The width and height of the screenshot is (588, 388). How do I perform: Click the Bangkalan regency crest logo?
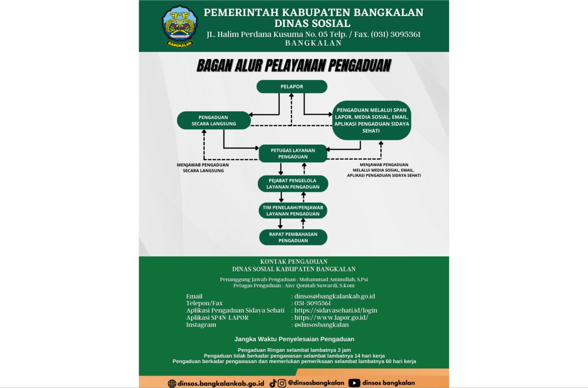coord(179,26)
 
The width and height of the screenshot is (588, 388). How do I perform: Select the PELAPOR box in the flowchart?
coord(292,86)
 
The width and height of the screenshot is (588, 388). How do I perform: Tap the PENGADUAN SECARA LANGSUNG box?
coord(214,120)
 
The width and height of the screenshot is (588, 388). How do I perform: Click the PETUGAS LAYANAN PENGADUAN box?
coord(293,153)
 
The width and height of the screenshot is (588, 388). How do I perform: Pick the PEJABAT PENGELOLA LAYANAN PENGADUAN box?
coord(293,184)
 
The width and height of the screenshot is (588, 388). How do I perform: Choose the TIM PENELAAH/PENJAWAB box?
coord(293,210)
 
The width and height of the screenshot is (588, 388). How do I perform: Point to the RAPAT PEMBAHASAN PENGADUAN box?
coord(293,237)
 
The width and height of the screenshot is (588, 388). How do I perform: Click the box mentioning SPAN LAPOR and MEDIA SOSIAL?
coord(371,120)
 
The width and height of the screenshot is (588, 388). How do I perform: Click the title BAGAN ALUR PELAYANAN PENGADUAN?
coord(294,66)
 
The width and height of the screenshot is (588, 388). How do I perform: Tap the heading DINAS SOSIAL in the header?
coord(312,23)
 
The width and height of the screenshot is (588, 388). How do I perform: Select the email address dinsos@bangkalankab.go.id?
coord(334,296)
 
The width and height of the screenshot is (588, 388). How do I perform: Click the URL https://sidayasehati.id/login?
coord(335,310)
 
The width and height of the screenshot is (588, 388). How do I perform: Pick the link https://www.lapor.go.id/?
coord(331,317)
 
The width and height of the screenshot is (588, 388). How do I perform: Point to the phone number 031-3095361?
coord(312,303)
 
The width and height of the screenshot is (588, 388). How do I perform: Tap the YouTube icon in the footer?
coord(354,383)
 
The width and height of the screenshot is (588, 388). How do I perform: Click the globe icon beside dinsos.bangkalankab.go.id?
coord(172,383)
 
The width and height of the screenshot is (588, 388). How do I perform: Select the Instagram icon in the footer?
coord(282,383)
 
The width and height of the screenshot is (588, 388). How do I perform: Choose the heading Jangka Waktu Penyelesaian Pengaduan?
coord(294,339)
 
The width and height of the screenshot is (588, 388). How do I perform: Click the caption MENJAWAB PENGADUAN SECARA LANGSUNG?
coord(203,168)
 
